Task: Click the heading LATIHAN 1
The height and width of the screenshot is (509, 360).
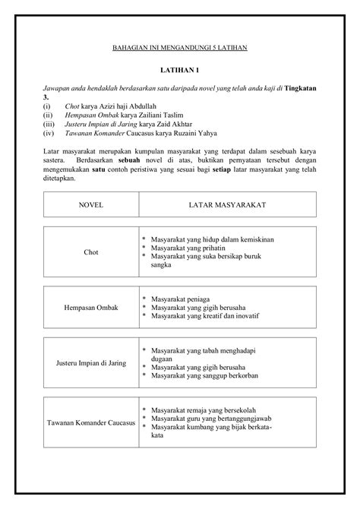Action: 180,69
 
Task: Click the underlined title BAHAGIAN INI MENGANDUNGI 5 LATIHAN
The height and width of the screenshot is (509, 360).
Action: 180,47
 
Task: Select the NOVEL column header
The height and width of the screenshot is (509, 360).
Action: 90,205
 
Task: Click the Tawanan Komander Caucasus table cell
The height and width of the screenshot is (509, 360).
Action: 90,421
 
